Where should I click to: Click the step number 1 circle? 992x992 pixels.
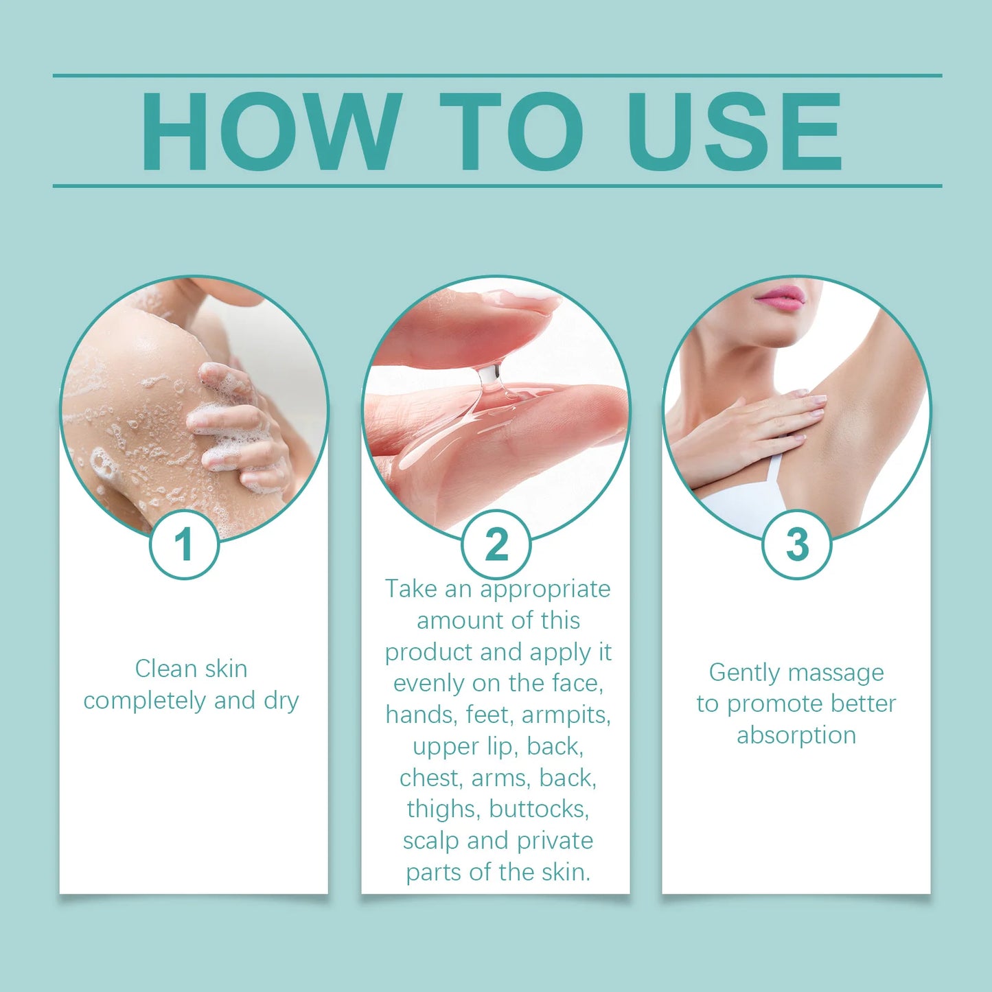(184, 544)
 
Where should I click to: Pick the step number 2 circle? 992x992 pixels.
(496, 544)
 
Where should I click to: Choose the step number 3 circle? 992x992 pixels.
(796, 544)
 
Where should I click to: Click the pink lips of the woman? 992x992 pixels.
(780, 298)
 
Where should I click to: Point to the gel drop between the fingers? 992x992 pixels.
(489, 376)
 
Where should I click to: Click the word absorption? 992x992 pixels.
(796, 735)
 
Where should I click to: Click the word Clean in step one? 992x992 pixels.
(162, 669)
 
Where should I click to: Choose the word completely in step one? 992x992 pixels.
(145, 701)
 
